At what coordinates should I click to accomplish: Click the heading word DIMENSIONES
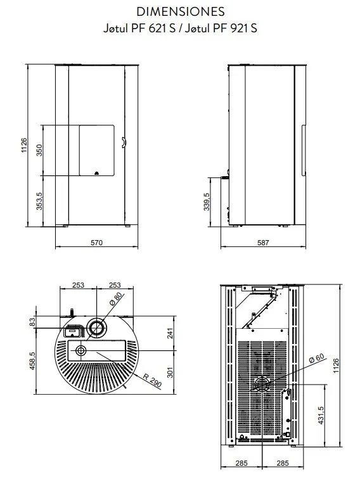coord(180,12)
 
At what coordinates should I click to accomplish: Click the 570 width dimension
coord(96,243)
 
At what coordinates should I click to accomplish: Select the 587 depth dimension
coord(263,243)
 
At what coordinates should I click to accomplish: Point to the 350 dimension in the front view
coord(39,150)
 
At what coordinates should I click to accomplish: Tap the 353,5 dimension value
coord(39,201)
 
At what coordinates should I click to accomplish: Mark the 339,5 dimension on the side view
coord(206,202)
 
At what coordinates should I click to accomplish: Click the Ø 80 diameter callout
coord(116,298)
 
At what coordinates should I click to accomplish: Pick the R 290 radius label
coord(153,380)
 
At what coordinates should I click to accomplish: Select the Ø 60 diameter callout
coord(317,358)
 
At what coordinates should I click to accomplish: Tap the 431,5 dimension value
coord(321,415)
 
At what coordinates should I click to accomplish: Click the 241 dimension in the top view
coord(170,333)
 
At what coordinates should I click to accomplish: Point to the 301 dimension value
coord(170,373)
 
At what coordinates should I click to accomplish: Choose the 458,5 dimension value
coord(32,361)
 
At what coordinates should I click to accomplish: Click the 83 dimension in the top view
coord(32,322)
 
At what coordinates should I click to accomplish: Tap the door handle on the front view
coord(123,143)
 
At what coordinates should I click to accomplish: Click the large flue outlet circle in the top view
coord(96,328)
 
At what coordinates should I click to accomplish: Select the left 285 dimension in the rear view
coord(241,463)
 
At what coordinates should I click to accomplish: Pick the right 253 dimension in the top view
coord(115,284)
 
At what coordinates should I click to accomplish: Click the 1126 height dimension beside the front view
coord(24,145)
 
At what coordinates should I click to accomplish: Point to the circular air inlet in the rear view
coord(262,385)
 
